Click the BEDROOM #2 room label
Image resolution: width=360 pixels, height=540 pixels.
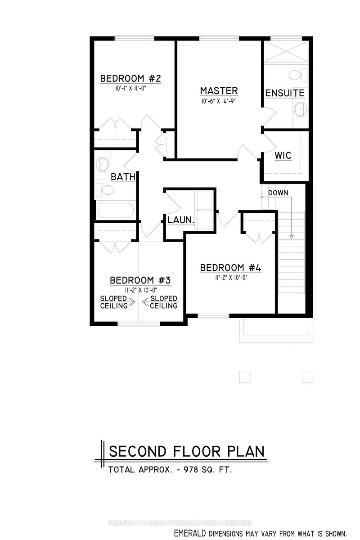pyautogui.click(x=130, y=79)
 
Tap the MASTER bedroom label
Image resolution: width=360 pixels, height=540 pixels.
pyautogui.click(x=219, y=91)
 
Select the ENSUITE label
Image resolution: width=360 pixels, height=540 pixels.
pyautogui.click(x=285, y=93)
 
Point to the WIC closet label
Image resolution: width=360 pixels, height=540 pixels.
pyautogui.click(x=283, y=156)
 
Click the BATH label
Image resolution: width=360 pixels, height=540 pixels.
pyautogui.click(x=123, y=177)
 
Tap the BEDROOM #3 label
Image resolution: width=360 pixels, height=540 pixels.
pyautogui.click(x=140, y=280)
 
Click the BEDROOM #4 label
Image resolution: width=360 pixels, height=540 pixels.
pyautogui.click(x=230, y=268)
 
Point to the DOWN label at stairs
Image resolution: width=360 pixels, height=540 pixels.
pyautogui.click(x=278, y=193)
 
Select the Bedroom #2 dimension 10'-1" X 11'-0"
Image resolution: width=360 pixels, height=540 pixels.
pyautogui.click(x=130, y=89)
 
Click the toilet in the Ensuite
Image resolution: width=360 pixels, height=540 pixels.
pyautogui.click(x=299, y=74)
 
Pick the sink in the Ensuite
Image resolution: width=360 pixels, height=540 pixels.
pyautogui.click(x=299, y=108)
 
